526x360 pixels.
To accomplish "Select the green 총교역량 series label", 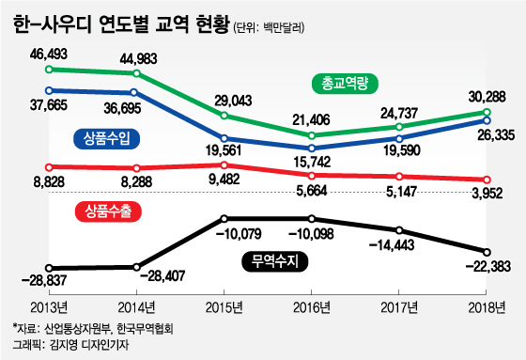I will pyautogui.click(x=345, y=84).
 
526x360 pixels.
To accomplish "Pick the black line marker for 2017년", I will pyautogui.click(x=400, y=230).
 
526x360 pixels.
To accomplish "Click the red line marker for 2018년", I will pyautogui.click(x=487, y=180).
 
